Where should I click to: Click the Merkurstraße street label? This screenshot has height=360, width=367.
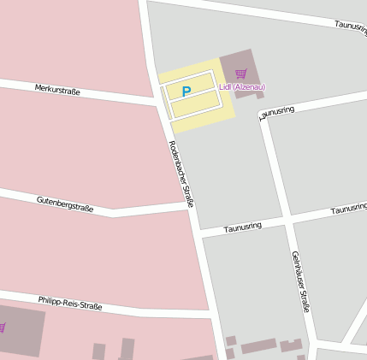[x=57, y=89]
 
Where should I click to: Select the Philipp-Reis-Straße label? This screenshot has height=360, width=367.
[x=70, y=303]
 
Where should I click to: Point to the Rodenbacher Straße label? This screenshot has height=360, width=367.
[x=181, y=174]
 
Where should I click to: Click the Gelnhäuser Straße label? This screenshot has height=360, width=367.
[x=300, y=281]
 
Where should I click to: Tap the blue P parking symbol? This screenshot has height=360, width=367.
[x=186, y=91]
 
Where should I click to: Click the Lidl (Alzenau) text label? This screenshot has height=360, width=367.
[x=242, y=87]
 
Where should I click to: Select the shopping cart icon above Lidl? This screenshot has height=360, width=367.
[x=240, y=74]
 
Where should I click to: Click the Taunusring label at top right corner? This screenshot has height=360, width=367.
[x=351, y=28]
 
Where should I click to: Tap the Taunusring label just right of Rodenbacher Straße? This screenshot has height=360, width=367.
[x=242, y=227]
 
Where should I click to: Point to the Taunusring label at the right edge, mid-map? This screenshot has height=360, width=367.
[x=348, y=209]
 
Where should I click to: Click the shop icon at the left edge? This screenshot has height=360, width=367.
[x=2, y=328]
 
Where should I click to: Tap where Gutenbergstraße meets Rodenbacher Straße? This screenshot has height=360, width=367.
[x=190, y=205]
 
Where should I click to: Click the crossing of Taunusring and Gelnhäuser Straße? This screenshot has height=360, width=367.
[x=289, y=221]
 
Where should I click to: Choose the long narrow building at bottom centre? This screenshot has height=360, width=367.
[x=258, y=346]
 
